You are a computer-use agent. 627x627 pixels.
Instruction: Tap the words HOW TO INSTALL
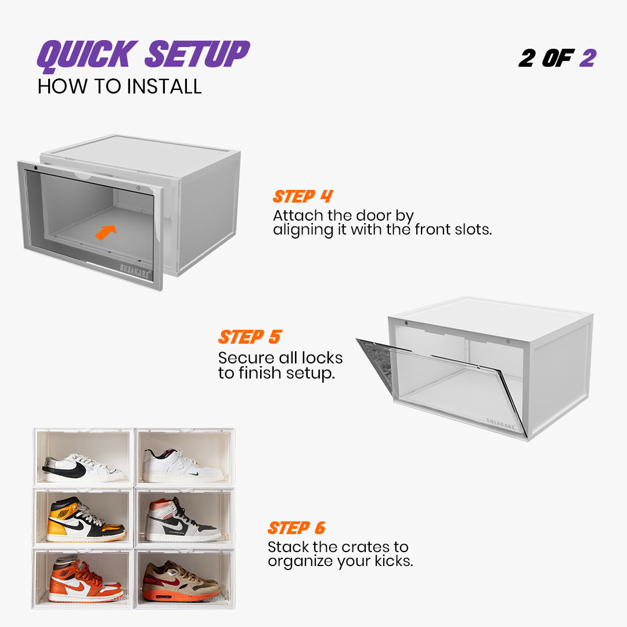pos(120,87)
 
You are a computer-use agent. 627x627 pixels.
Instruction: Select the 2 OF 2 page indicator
pos(557,58)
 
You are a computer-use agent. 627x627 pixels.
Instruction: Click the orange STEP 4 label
pos(302,196)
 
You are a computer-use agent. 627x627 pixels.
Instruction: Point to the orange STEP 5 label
pos(250,337)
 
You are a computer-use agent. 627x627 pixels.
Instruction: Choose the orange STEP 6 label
pos(296,528)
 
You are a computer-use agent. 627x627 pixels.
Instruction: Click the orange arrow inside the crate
pos(105,232)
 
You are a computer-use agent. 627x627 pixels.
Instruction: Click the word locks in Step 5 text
pos(323,358)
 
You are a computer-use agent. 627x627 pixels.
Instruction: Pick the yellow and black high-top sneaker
pos(84,520)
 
